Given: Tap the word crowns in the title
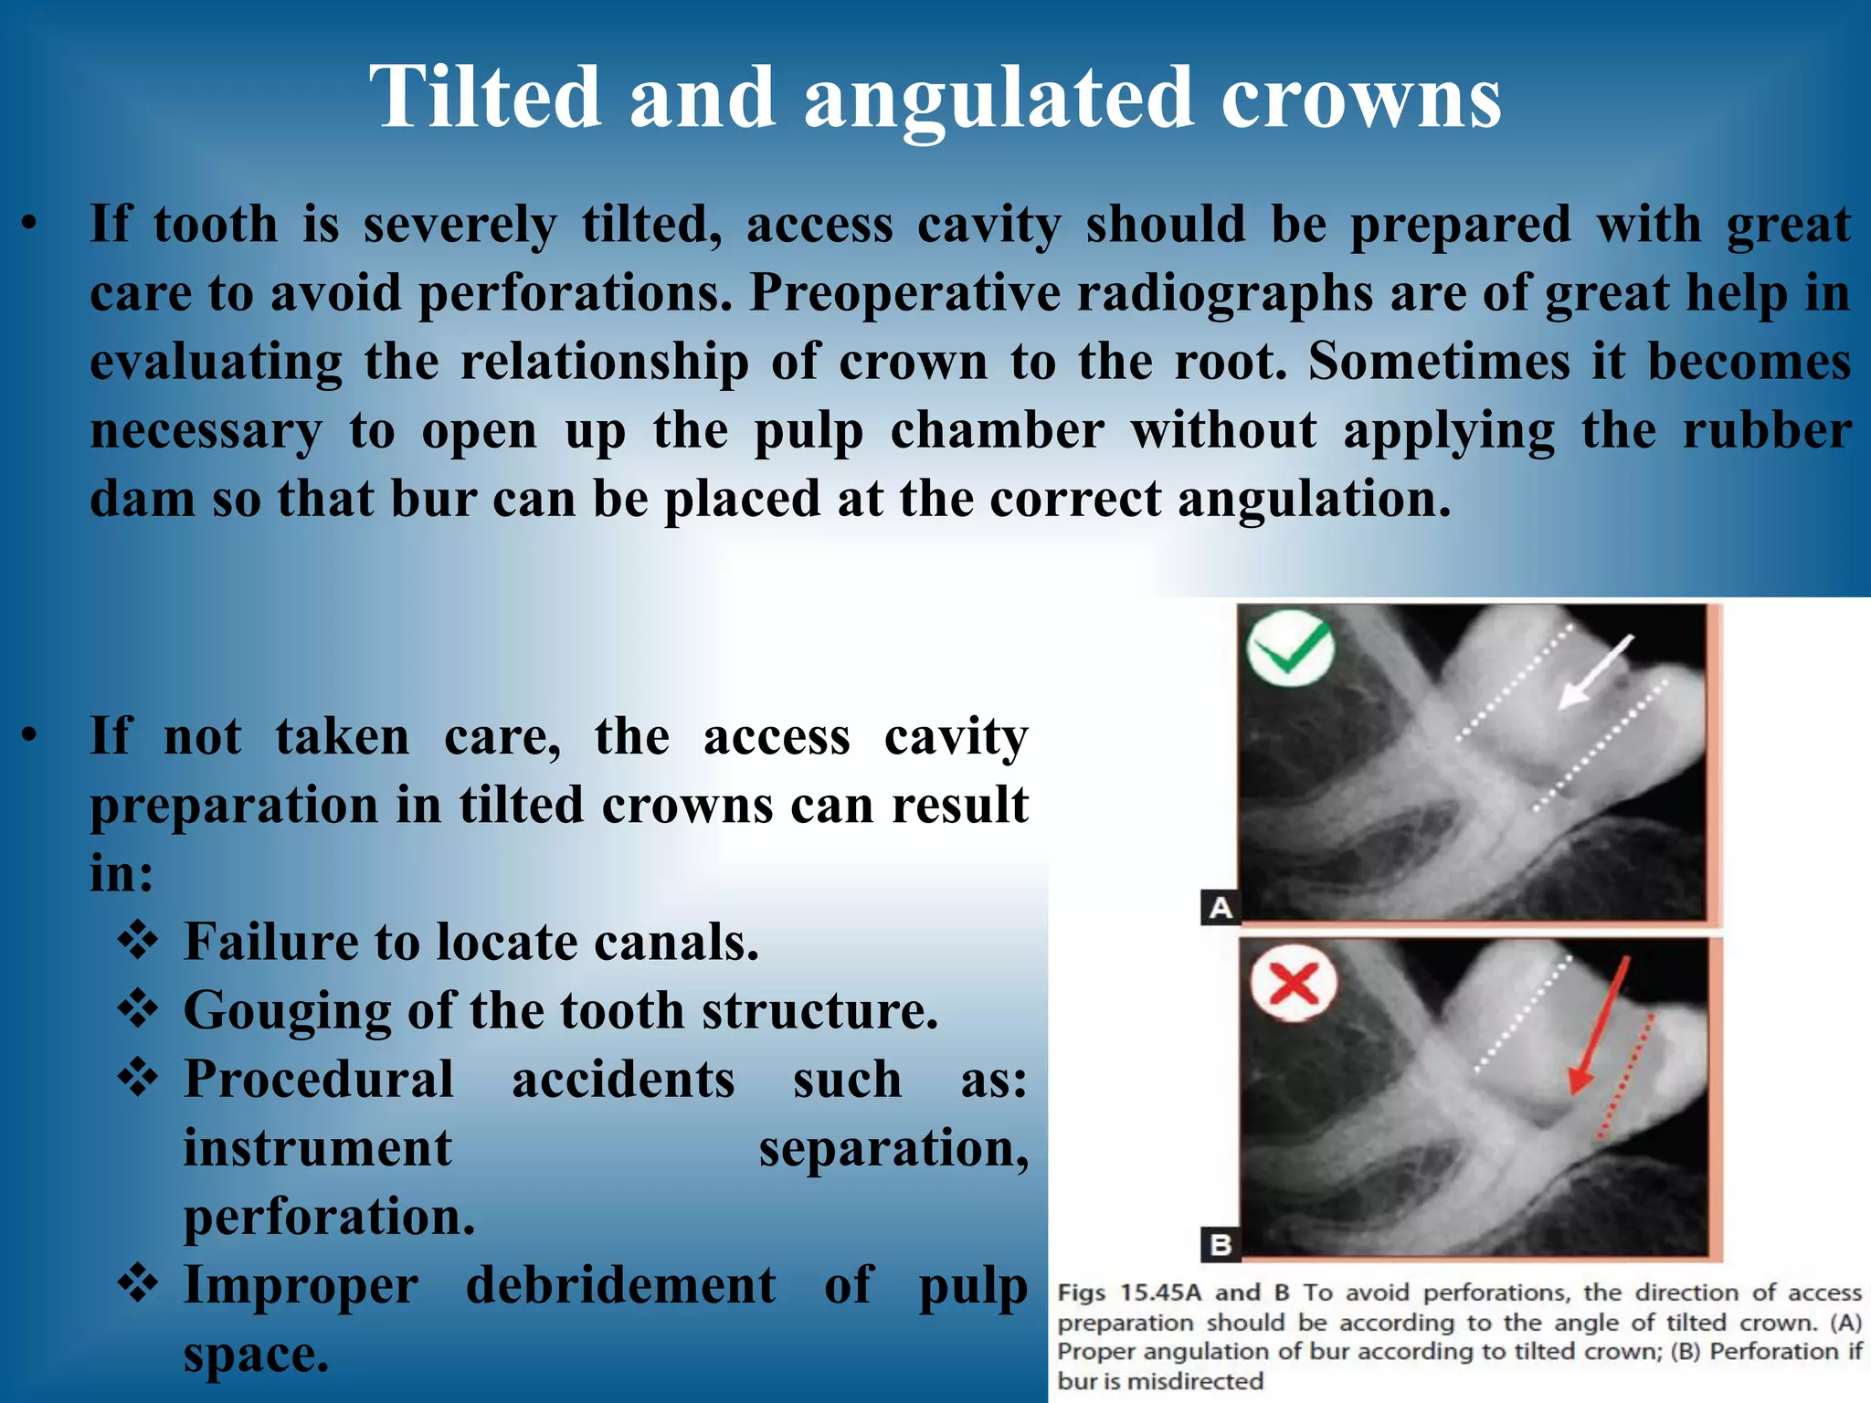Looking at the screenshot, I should [1360, 99].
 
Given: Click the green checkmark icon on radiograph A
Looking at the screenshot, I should [1291, 648].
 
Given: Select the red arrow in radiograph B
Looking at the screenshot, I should [1599, 1027].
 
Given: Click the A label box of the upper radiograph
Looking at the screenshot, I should [1221, 907].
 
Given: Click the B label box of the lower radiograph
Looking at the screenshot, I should [1221, 1244].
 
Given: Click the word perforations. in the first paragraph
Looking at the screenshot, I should [575, 294].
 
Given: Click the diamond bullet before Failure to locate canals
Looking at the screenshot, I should [139, 940].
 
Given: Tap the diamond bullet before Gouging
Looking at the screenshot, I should [139, 1008].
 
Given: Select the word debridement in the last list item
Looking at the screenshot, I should [620, 1285].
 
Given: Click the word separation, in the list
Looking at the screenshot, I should [893, 1148].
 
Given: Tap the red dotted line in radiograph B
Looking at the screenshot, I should [1626, 1078].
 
